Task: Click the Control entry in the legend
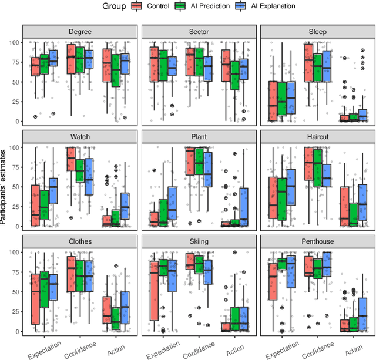click(x=153, y=6)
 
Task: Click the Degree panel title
click(x=79, y=32)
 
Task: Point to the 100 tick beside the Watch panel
click(x=14, y=147)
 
